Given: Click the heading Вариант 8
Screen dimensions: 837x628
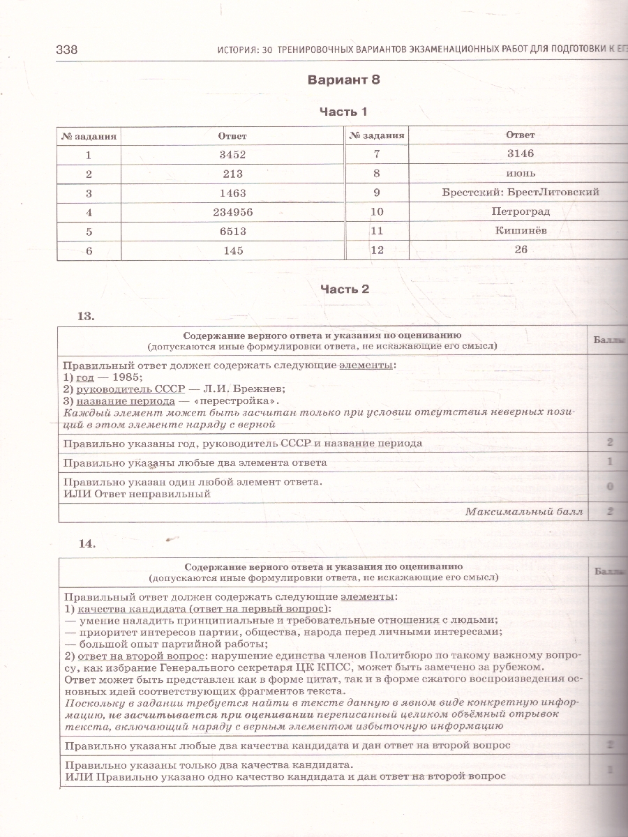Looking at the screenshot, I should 343,80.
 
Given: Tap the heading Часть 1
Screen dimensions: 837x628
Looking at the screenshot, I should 343,112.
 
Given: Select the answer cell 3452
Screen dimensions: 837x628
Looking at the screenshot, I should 232,155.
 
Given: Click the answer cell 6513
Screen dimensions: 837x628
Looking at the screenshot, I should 232,232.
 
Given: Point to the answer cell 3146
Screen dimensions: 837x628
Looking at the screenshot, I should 520,153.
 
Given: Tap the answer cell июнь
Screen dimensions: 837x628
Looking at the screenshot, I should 520,173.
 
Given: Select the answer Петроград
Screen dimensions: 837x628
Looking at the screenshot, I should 520,211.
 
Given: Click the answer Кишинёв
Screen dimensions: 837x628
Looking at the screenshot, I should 520,230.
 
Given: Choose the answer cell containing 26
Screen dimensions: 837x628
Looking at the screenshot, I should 520,249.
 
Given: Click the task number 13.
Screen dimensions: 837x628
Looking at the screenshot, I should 85,316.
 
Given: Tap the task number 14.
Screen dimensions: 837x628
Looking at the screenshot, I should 87,544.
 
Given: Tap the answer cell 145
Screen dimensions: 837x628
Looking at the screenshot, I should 232,250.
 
